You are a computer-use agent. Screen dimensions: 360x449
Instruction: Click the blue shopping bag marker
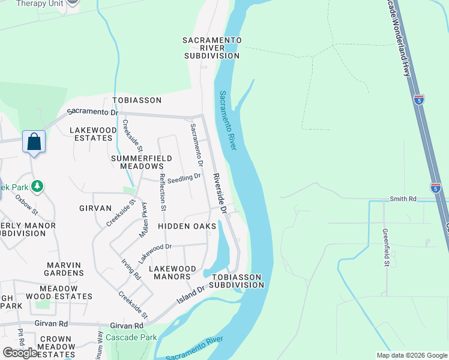tap(34, 143)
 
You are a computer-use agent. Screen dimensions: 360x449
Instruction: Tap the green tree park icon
tap(37, 187)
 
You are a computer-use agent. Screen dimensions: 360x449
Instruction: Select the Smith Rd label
tap(403, 199)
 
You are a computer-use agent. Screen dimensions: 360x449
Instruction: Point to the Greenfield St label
tap(387, 247)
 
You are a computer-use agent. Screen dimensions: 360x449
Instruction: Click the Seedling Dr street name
tap(184, 178)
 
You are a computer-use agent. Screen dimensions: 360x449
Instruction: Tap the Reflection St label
tap(162, 193)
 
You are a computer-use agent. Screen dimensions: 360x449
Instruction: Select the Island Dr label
tap(191, 295)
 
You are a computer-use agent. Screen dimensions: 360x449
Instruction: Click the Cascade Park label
tap(131, 337)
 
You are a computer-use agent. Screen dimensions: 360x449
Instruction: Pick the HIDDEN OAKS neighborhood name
tap(187, 226)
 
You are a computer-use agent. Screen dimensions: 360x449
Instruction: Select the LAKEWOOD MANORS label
tap(172, 272)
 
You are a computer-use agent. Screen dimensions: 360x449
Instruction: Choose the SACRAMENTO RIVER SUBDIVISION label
tap(212, 47)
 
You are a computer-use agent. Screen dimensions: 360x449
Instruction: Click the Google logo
tap(21, 353)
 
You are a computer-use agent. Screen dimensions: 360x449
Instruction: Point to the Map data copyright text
tap(412, 355)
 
